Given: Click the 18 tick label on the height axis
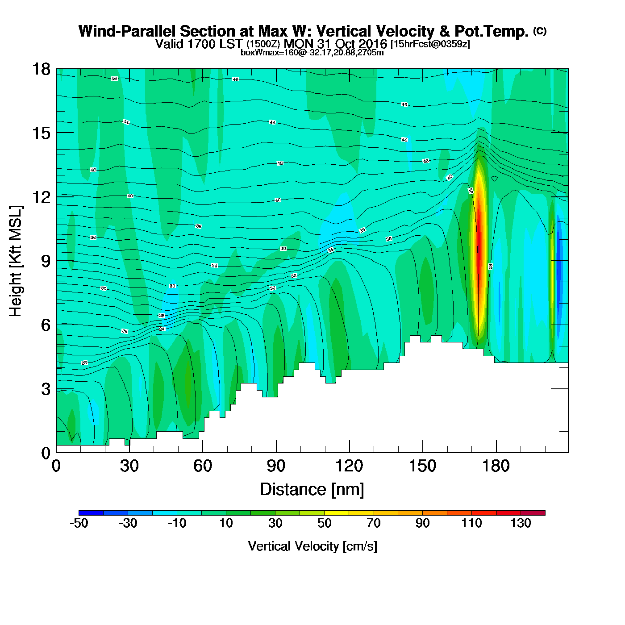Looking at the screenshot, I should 41,69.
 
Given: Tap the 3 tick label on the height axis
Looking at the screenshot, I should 46,389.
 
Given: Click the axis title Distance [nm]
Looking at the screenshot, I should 312,490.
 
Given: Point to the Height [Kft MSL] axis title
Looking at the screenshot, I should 16,261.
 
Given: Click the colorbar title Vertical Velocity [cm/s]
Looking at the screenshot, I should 312,546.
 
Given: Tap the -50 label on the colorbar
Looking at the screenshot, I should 79,524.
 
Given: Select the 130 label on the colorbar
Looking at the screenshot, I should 521,524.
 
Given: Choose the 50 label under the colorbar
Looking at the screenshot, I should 325,524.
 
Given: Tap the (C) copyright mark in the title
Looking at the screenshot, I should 539,31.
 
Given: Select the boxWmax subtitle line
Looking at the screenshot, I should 312,53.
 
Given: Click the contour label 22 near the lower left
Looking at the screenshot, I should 84,363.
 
